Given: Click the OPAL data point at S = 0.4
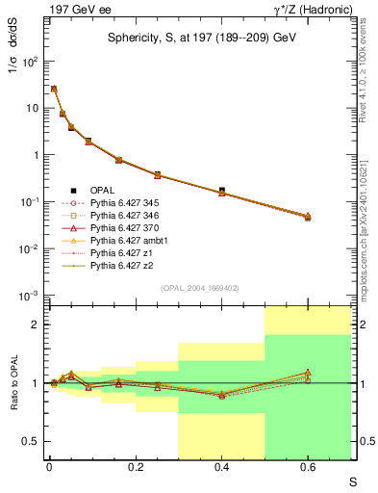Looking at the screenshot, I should [x=222, y=191].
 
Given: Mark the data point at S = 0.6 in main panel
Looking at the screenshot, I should [x=308, y=218].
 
